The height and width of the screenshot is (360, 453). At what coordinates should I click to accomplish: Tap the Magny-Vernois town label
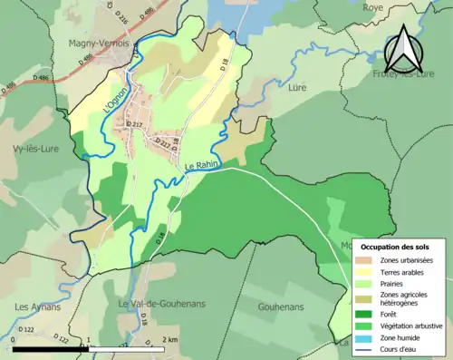[98, 42]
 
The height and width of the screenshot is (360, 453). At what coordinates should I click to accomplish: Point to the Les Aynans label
[34, 306]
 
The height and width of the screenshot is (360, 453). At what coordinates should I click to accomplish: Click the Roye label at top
[373, 7]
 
